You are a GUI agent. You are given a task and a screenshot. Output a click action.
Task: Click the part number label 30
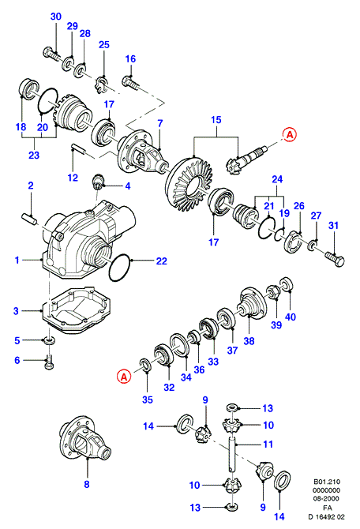(x=56, y=17)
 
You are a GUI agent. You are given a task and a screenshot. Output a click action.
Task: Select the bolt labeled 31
(x=335, y=259)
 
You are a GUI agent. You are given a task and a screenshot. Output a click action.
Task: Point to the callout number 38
(x=249, y=341)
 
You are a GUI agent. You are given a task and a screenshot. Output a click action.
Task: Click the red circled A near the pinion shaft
(x=290, y=134)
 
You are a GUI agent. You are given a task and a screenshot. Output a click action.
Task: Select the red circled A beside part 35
(x=124, y=376)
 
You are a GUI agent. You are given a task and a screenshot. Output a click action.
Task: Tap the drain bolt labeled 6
(x=50, y=361)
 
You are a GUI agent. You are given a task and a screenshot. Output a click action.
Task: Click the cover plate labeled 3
(x=77, y=310)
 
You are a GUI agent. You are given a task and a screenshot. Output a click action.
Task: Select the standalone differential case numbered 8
(x=84, y=438)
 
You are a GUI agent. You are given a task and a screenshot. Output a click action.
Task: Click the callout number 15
(x=216, y=120)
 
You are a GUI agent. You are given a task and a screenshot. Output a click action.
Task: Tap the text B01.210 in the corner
(x=327, y=482)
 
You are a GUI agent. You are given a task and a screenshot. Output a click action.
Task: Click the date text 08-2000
(x=327, y=499)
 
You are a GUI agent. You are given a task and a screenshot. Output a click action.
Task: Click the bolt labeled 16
(x=131, y=82)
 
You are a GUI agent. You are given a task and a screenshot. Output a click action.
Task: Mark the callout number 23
(x=34, y=156)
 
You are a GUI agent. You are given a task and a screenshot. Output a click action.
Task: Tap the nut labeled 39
(x=274, y=291)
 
